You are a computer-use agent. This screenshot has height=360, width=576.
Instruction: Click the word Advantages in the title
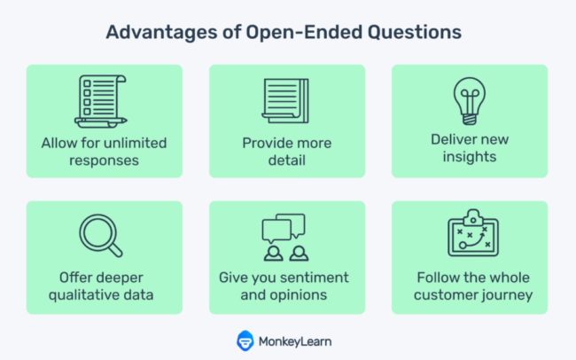point(161,32)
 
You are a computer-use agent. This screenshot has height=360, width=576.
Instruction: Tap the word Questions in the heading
point(415,32)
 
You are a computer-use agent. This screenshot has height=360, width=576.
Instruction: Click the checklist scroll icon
point(101,101)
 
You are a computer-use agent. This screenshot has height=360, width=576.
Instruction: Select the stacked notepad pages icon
point(285,101)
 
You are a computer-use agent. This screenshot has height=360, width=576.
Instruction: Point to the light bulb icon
point(470,100)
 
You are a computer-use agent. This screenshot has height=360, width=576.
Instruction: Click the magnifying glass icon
point(101,236)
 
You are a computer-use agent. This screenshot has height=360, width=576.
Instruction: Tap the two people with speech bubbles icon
point(285,237)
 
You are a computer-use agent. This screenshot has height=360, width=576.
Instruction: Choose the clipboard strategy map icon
point(473,233)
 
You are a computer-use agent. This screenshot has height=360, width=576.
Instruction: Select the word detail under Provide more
point(287,160)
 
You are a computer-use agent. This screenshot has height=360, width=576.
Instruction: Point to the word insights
point(470,157)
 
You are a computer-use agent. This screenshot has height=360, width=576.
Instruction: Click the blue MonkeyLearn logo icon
point(245,340)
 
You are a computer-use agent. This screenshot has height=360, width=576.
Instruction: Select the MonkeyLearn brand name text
point(295,341)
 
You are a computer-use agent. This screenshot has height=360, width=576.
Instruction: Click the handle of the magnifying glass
point(116,250)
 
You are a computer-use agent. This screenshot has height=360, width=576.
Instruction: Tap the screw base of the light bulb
point(470,119)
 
